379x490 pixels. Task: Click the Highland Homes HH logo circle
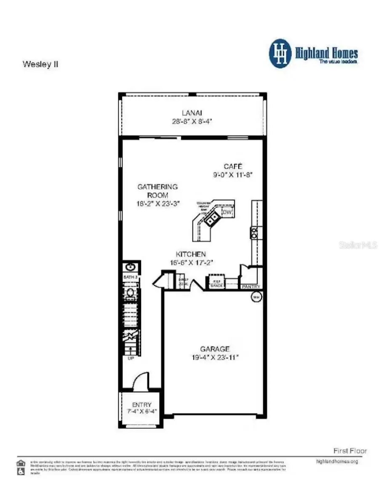click(x=280, y=54)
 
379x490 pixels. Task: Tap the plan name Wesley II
click(x=40, y=65)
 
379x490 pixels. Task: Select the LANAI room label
click(x=192, y=112)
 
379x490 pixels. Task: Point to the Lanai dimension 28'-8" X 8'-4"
click(x=192, y=121)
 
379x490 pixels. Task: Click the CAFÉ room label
click(x=233, y=166)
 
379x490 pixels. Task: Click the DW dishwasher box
click(x=227, y=213)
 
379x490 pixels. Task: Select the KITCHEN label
click(x=191, y=254)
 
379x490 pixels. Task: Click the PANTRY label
click(x=251, y=287)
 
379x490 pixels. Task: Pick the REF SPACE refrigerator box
click(x=216, y=283)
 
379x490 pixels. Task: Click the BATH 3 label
click(x=131, y=277)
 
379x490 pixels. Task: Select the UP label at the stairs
click(x=131, y=359)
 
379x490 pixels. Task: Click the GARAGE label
click(x=215, y=349)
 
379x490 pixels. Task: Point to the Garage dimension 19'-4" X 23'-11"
click(x=215, y=358)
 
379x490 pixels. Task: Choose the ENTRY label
click(x=141, y=404)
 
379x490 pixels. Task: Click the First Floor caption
click(x=350, y=450)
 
